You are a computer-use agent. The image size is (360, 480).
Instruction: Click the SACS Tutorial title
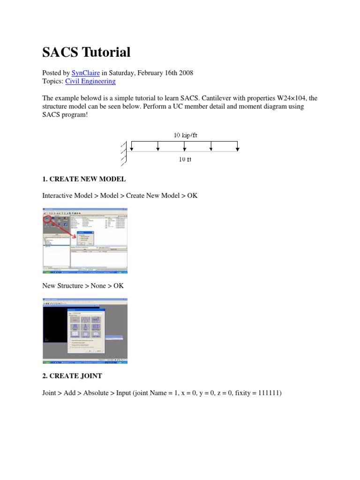click(86, 52)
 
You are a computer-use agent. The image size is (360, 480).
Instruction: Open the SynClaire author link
click(85, 73)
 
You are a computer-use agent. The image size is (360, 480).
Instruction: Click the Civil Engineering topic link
click(90, 81)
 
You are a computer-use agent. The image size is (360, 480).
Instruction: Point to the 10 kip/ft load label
click(186, 135)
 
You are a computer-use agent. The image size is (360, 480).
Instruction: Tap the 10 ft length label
click(185, 159)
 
